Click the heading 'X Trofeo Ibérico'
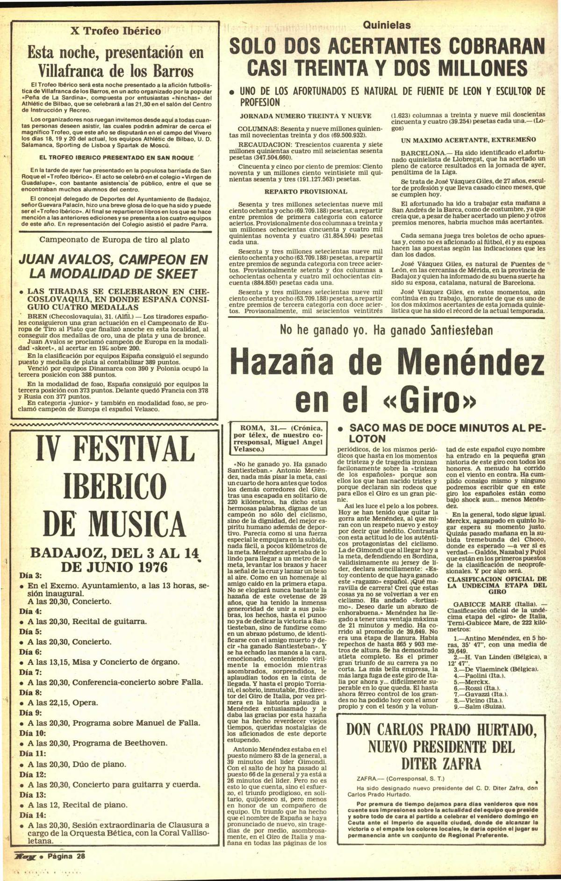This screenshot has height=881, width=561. click(115, 31)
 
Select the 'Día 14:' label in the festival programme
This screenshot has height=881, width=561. click(32, 815)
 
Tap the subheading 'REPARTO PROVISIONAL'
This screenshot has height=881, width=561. click(306, 191)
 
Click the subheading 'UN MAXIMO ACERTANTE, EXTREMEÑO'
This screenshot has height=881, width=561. click(468, 140)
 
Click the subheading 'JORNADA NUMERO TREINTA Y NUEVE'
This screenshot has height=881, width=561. click(305, 116)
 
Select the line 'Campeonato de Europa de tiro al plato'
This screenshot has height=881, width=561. click(115, 240)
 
